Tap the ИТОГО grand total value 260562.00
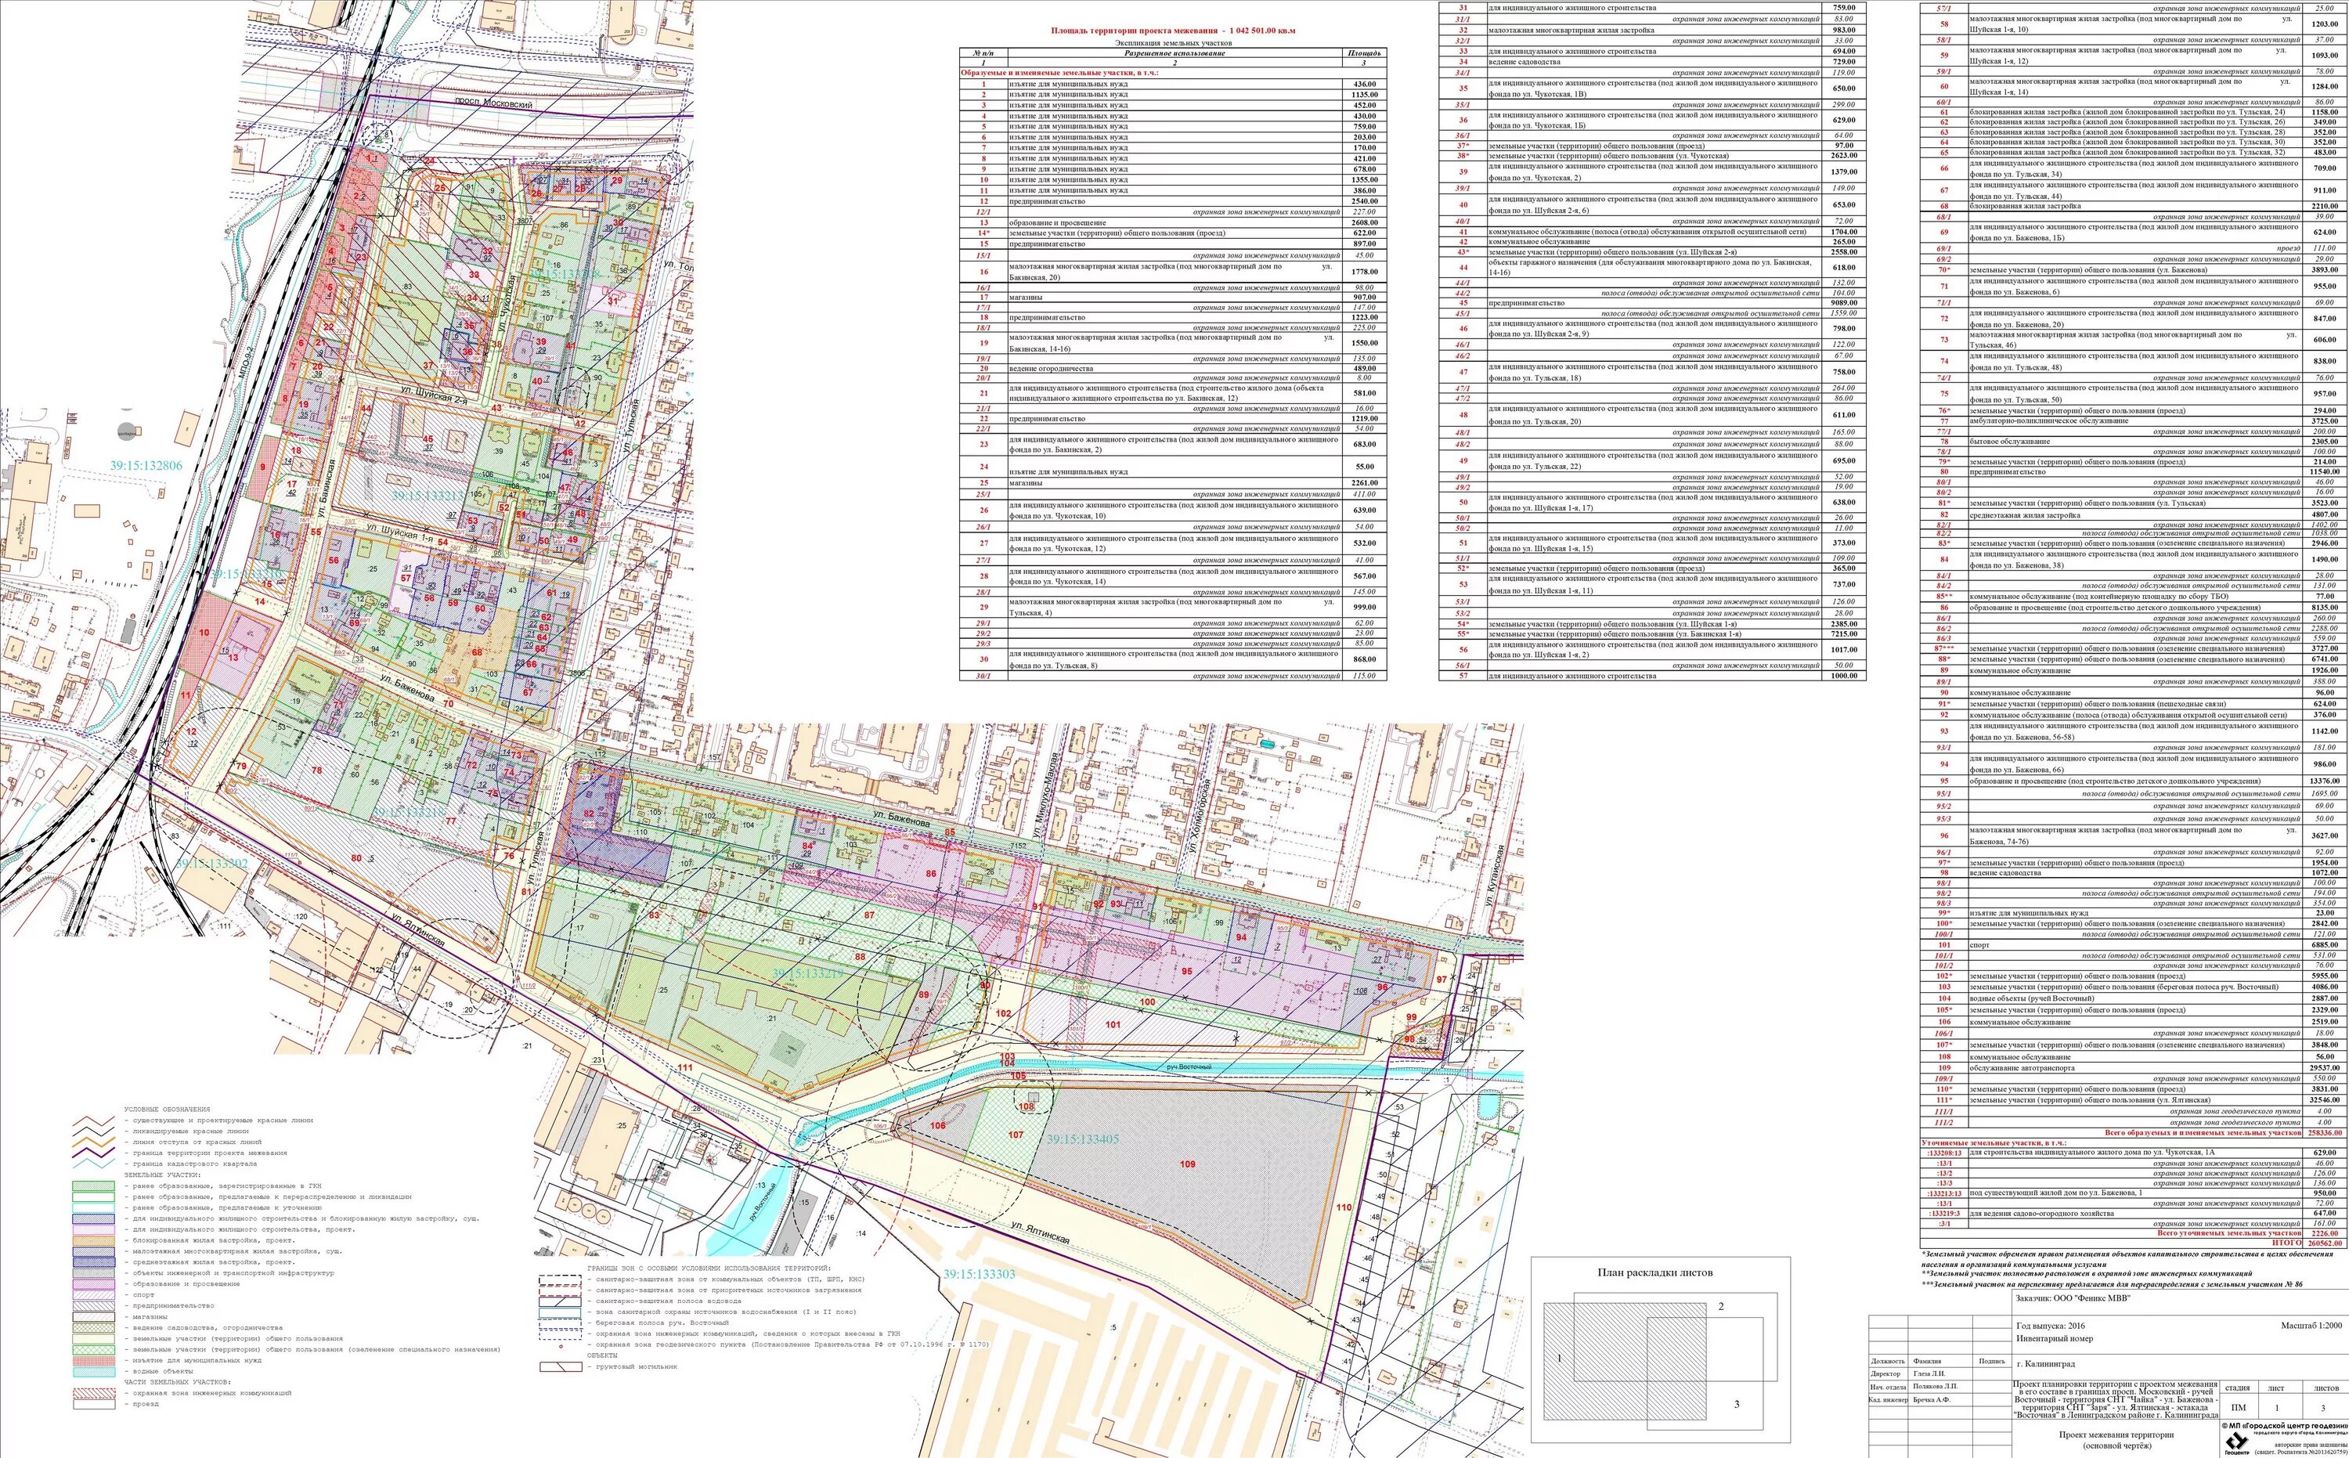pos(2311,1243)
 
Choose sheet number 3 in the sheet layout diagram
pos(1737,1403)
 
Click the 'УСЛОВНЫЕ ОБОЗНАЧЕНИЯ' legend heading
pos(167,1110)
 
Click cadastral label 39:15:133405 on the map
pos(1083,1139)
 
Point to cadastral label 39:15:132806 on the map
pos(146,466)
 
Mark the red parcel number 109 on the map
pos(1188,1164)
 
